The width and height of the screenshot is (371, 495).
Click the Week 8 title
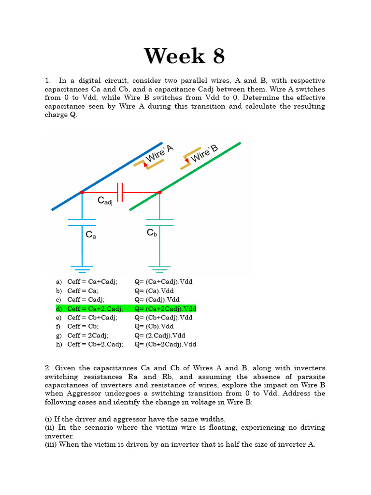pyautogui.click(x=185, y=56)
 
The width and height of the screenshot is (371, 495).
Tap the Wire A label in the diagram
pyautogui.click(x=159, y=153)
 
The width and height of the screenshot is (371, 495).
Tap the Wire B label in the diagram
pyautogui.click(x=205, y=153)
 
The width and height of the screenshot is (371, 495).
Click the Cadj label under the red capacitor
pyautogui.click(x=105, y=200)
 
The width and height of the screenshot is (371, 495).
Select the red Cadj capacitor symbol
pyautogui.click(x=121, y=192)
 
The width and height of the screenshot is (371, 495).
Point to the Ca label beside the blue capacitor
pyautogui.click(x=91, y=235)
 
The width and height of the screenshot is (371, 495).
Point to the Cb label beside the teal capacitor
pyautogui.click(x=152, y=233)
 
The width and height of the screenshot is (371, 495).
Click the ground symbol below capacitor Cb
pyautogui.click(x=159, y=269)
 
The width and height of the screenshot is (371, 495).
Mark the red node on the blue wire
pyautogui.click(x=82, y=192)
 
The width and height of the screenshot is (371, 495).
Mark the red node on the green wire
pyautogui.click(x=160, y=192)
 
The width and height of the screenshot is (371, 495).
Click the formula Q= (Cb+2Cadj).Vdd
pyautogui.click(x=165, y=345)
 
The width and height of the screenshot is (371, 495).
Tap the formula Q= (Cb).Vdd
pyautogui.click(x=154, y=326)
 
